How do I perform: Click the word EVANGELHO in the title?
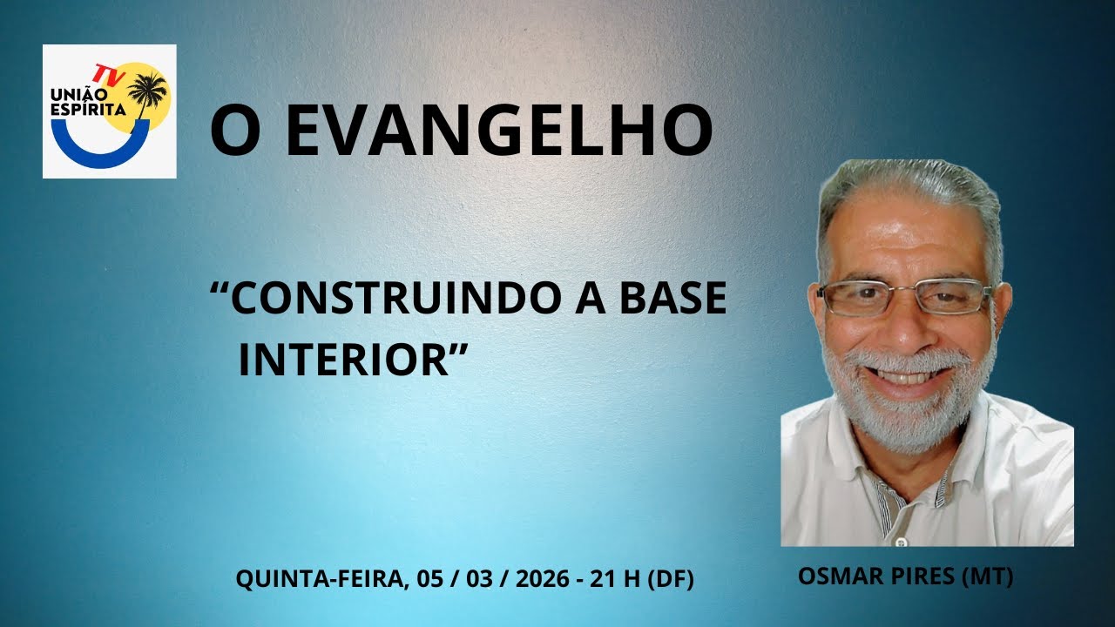(498, 131)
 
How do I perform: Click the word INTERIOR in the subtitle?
(344, 360)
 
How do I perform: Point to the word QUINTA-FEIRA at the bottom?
(316, 579)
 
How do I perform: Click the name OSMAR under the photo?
(837, 576)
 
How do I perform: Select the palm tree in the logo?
(148, 91)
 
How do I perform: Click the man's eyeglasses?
(905, 297)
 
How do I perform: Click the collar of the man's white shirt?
(871, 470)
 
